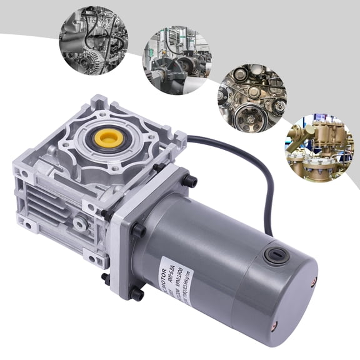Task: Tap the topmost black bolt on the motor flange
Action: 189,181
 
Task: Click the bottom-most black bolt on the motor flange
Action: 137,294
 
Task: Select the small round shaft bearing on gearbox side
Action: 79,223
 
